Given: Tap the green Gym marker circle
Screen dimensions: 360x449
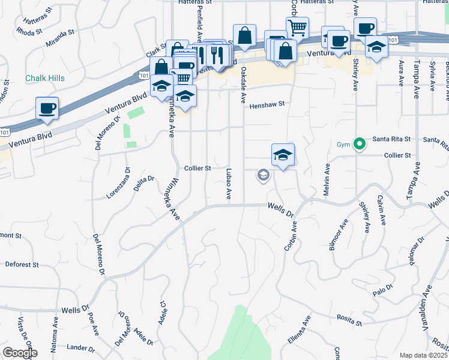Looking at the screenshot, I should [x=360, y=144].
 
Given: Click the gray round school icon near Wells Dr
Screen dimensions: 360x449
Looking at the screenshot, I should [x=262, y=175].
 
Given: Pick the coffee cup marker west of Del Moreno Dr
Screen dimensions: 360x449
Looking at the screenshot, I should [x=47, y=109].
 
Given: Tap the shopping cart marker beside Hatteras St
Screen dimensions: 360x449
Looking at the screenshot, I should [x=297, y=28].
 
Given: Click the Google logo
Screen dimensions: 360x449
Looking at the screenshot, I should [x=19, y=353].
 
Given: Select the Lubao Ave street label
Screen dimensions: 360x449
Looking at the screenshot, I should [x=228, y=183].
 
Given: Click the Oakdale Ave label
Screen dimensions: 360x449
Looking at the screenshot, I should [x=244, y=84].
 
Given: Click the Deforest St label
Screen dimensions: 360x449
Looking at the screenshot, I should [x=22, y=264].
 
